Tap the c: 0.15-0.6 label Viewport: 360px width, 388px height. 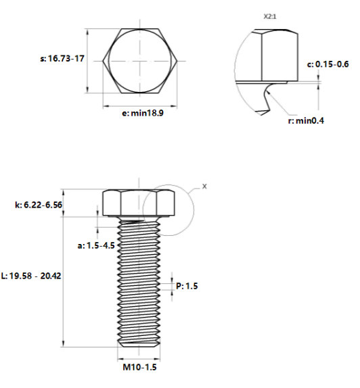click(x=328, y=64)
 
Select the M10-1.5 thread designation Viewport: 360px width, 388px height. click(x=140, y=368)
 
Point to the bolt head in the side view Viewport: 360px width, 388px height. click(x=139, y=203)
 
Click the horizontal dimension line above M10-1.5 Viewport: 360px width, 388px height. click(x=139, y=358)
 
